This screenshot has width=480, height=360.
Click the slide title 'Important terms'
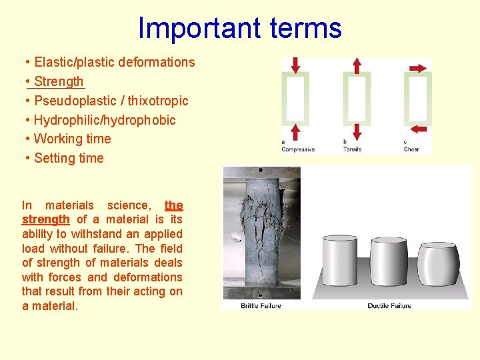coord(239,28)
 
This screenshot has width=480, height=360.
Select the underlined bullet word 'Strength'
coord(59,82)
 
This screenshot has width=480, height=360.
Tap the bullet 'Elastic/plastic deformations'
coord(114,63)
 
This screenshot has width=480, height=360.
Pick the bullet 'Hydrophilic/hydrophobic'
coord(105,121)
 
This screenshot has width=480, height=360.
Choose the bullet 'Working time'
coord(72,139)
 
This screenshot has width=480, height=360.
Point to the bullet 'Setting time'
coord(69,159)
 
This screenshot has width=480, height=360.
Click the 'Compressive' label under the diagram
coord(298,149)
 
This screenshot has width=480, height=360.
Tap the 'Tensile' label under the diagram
coord(352,149)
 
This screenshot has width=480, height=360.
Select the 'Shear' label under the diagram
coord(411,149)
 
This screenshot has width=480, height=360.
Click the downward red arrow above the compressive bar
coord(296,65)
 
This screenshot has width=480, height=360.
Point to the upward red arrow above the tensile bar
coord(357,65)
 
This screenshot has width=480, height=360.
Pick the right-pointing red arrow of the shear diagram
coord(418,68)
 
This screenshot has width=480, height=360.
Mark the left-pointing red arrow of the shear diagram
coord(419,128)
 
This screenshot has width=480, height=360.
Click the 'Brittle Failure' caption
coord(261,306)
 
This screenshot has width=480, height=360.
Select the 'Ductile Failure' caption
coord(389,306)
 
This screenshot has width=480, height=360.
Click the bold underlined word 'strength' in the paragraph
coord(45,219)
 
